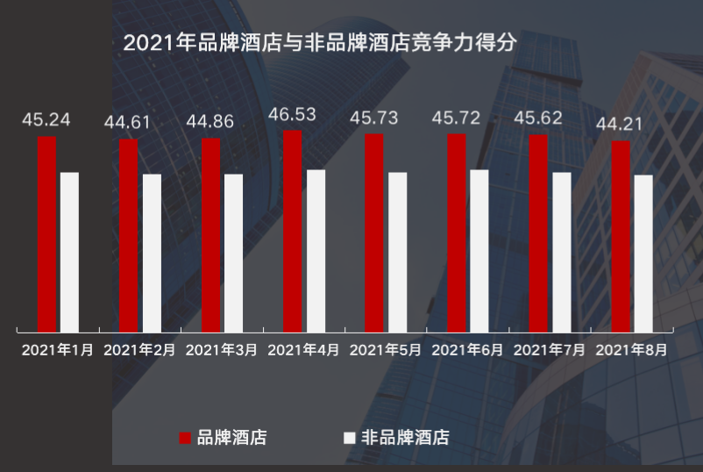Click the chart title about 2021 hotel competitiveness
tap(320, 43)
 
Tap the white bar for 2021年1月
tap(69, 252)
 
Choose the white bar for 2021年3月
tap(233, 253)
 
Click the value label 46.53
tap(292, 115)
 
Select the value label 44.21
tap(620, 124)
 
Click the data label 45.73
tap(373, 118)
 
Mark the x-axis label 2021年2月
tap(139, 349)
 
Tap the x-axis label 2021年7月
tap(550, 349)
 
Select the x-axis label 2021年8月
tap(631, 349)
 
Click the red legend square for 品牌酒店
tap(185, 438)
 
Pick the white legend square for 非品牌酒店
tap(349, 438)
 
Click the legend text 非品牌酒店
tap(405, 438)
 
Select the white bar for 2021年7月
tap(561, 252)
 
